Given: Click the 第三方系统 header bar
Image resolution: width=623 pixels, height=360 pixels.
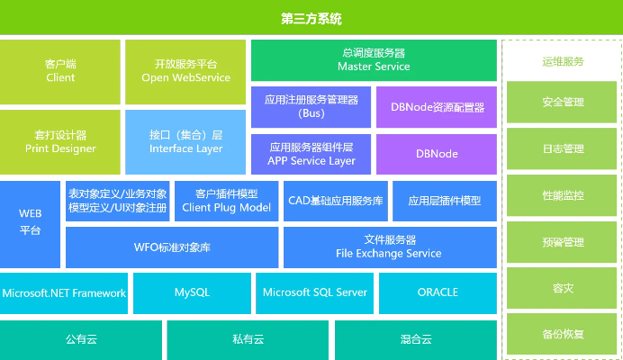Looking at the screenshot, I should (311, 18).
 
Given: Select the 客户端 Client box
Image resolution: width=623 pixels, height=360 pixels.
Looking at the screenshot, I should (60, 71).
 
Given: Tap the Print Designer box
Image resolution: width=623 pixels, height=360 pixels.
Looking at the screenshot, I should (60, 142).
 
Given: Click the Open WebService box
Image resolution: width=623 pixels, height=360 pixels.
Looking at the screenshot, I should (185, 71).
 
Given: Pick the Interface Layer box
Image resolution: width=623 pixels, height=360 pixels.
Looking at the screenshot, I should (185, 142).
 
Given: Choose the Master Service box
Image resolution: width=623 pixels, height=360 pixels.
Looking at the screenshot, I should (373, 60).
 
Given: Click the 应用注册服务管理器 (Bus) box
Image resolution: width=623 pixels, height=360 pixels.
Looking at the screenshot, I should (310, 106).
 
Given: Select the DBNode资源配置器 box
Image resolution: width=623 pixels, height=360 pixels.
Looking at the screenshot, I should (437, 106).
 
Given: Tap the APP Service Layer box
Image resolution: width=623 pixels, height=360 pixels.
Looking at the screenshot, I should (310, 154).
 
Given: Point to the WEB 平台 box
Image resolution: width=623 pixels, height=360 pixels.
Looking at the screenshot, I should (31, 223).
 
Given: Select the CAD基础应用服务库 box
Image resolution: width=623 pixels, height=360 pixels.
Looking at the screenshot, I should (335, 201).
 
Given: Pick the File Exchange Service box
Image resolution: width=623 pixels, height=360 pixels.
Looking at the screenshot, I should (389, 247).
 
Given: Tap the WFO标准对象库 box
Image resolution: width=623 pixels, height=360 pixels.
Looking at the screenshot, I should (172, 247).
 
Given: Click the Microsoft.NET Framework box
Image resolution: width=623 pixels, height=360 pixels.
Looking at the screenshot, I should (64, 292).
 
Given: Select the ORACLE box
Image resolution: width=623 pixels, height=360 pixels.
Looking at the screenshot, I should (438, 292).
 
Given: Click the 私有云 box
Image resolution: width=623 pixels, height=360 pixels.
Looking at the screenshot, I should (248, 340).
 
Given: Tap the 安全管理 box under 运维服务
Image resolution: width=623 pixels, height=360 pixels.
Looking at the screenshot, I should (563, 102).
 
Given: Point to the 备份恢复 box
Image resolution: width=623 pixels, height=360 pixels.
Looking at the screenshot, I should (563, 334).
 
